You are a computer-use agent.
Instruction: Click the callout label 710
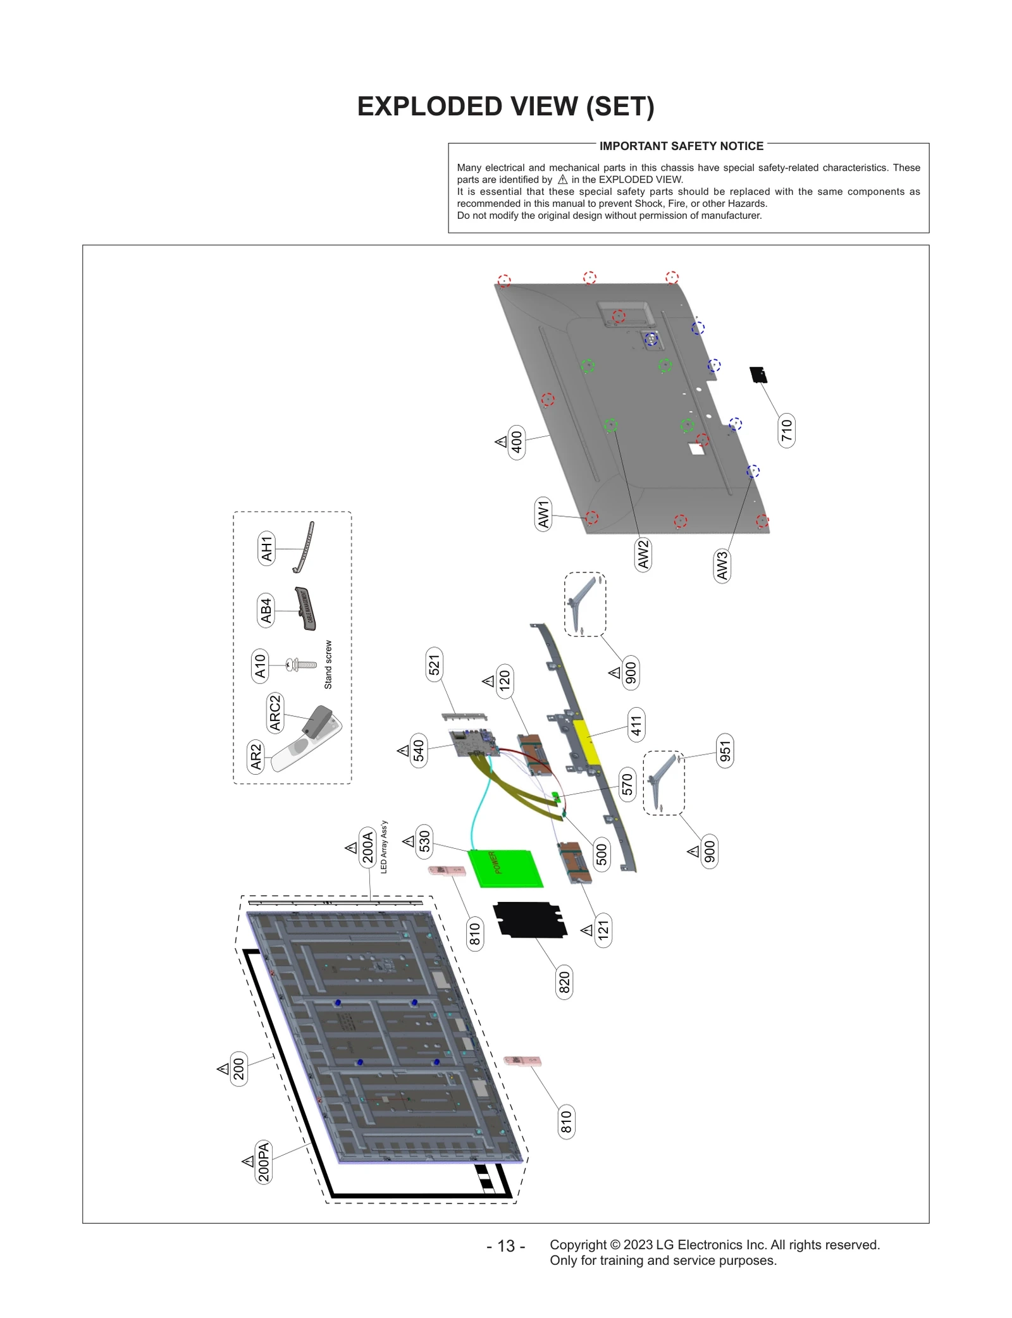786,430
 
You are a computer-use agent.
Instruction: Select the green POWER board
505,868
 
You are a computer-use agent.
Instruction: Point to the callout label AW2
643,554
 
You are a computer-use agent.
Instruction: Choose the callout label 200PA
263,1162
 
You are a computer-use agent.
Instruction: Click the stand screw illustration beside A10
302,665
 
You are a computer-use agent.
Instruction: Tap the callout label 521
434,665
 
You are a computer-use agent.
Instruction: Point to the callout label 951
725,751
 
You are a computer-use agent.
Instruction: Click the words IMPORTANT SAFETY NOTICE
681,146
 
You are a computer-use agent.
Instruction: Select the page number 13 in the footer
505,1246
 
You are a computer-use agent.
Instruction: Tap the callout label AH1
266,548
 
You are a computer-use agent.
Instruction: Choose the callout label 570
626,784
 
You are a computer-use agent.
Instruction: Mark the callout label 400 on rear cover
516,442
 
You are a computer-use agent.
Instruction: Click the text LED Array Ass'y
384,847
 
